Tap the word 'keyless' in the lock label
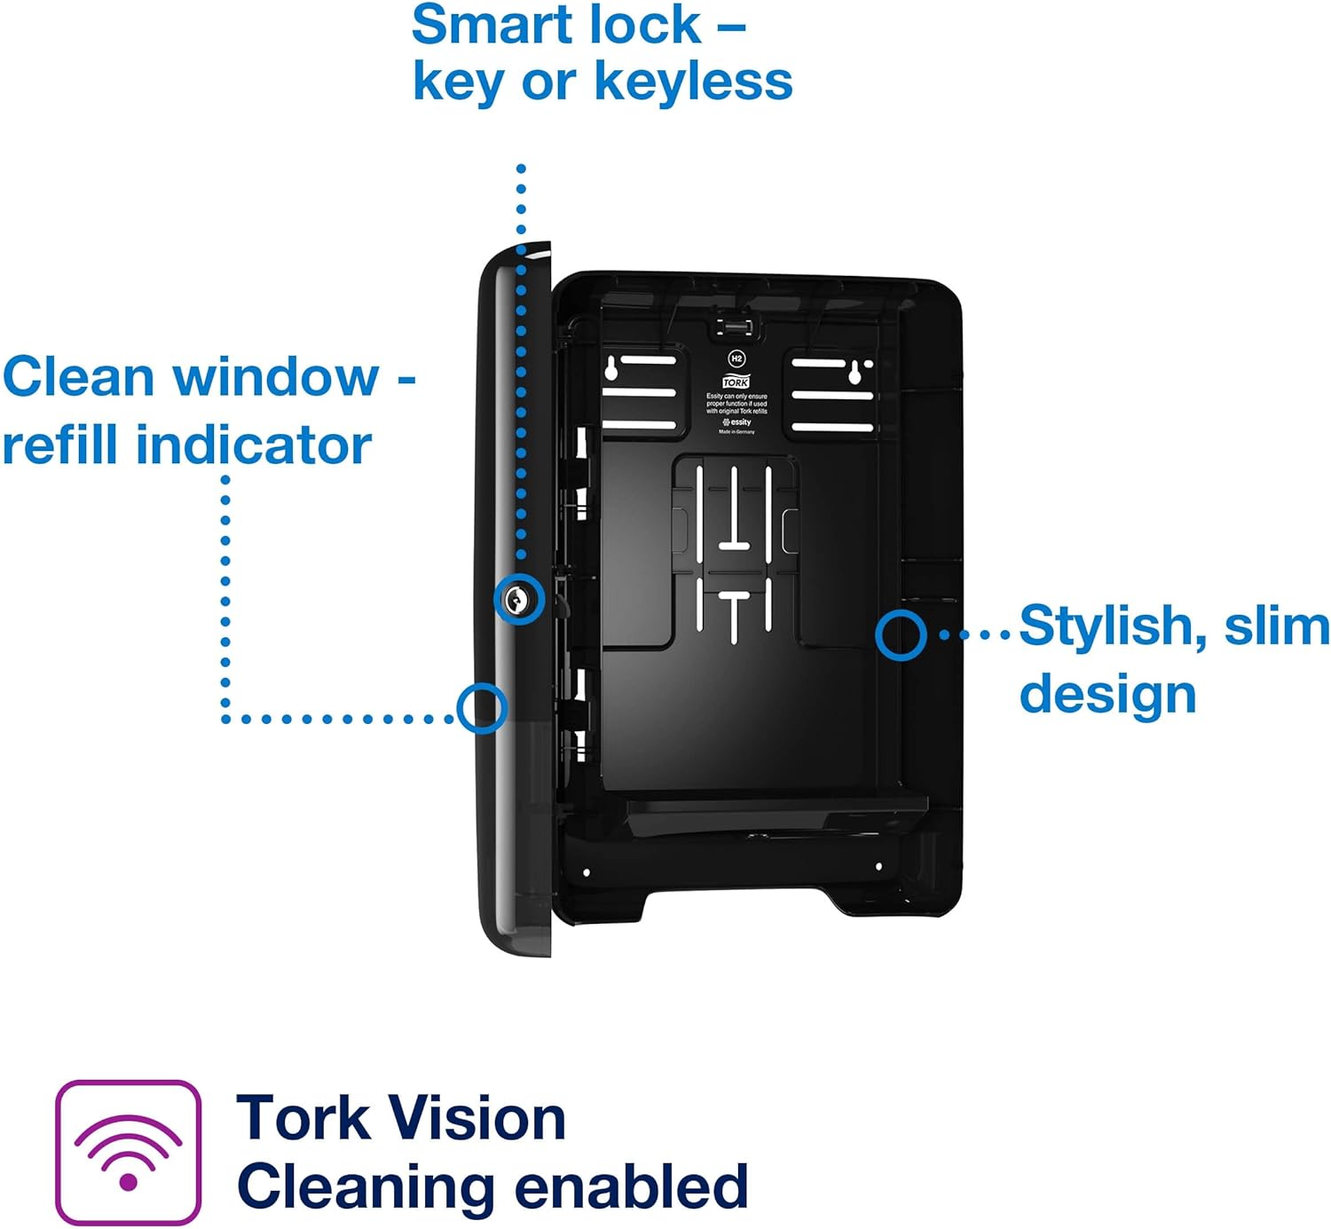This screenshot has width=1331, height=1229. [692, 82]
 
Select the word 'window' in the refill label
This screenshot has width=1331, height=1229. [276, 376]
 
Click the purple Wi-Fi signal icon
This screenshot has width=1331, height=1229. [129, 1153]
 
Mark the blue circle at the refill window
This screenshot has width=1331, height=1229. [481, 708]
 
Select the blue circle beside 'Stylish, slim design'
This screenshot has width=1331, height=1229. [901, 634]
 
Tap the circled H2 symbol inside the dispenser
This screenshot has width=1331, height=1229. [736, 359]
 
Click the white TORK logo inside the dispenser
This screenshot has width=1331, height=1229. [736, 382]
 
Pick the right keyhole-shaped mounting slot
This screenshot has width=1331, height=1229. [855, 371]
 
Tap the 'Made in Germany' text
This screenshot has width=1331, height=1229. [736, 432]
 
